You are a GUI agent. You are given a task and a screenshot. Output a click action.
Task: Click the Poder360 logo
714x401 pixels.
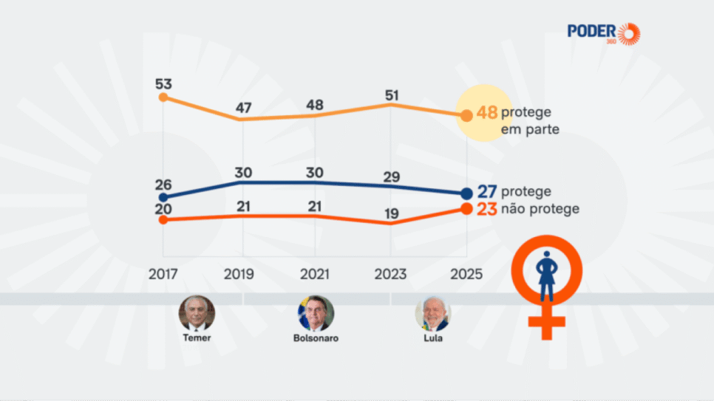point(603,32)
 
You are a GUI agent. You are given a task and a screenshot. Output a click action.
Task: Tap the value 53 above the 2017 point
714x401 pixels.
point(164,83)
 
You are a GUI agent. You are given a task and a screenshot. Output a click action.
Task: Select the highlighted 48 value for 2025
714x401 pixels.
point(486,113)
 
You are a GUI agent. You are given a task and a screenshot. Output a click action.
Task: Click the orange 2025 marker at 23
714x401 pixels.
point(466,208)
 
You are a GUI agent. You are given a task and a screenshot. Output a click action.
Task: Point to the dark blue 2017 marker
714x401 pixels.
point(163,197)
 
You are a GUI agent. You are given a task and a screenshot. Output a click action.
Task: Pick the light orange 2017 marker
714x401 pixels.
point(163,97)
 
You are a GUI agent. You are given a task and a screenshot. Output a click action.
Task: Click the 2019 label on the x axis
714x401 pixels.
point(239,274)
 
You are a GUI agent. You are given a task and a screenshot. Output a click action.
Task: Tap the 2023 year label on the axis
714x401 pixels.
point(390,274)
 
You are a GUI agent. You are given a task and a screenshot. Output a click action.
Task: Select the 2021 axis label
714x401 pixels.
point(315,274)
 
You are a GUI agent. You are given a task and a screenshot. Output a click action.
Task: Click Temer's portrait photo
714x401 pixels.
point(197,314)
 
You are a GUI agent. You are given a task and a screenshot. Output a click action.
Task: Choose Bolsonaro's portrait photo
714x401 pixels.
point(316,314)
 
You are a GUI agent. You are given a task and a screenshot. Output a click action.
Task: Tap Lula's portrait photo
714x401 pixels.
point(432,314)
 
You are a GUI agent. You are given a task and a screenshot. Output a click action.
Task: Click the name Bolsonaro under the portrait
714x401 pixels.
point(316,338)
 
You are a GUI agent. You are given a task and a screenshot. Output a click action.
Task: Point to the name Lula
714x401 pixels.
point(432,338)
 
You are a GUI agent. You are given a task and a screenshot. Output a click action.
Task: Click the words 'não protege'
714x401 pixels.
point(540,209)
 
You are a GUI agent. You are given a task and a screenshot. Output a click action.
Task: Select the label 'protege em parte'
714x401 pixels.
point(529,121)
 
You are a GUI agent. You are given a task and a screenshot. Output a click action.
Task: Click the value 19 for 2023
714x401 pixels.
point(391,214)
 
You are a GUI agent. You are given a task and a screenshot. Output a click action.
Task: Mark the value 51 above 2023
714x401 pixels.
point(391,95)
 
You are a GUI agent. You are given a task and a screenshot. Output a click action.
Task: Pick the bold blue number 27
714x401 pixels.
point(486,192)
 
